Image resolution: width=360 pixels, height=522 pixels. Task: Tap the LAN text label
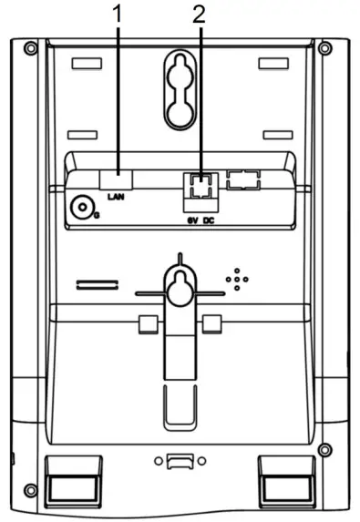(116, 196)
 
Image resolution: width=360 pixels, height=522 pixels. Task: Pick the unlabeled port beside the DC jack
(243, 179)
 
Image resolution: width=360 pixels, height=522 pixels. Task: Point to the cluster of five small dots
(236, 280)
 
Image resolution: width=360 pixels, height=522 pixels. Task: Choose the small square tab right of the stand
(213, 324)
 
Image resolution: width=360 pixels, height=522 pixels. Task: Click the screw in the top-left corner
(30, 47)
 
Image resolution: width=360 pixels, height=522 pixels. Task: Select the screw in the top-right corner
(327, 47)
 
